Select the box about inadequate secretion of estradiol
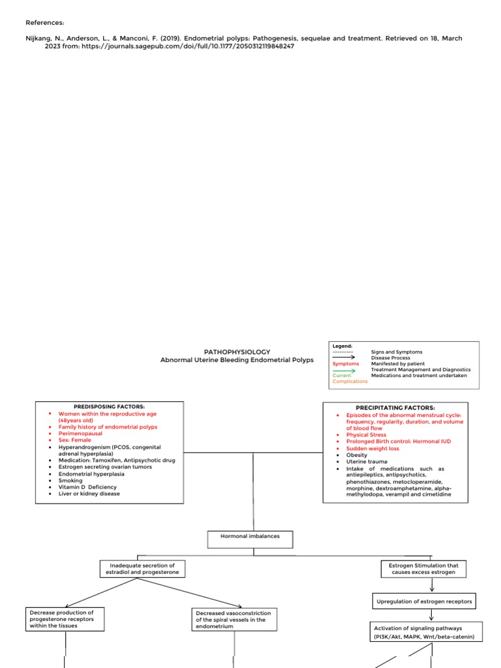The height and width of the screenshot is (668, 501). [x=142, y=568]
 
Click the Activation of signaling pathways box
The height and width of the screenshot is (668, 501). [x=428, y=631]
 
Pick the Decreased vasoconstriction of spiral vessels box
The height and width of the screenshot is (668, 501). [x=233, y=619]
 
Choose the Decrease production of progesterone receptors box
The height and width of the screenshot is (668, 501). [x=66, y=618]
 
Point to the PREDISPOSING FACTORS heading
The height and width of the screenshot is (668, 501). [x=110, y=406]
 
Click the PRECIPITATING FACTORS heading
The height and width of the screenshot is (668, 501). [x=395, y=407]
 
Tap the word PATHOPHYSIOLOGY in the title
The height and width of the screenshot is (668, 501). [x=237, y=352]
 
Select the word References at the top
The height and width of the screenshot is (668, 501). [x=44, y=22]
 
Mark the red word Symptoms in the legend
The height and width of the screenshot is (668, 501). [x=346, y=363]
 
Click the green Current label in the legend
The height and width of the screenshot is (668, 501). [x=342, y=376]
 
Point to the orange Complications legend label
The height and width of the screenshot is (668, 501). [x=350, y=382]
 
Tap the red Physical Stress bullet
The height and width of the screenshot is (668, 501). [x=366, y=434]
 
